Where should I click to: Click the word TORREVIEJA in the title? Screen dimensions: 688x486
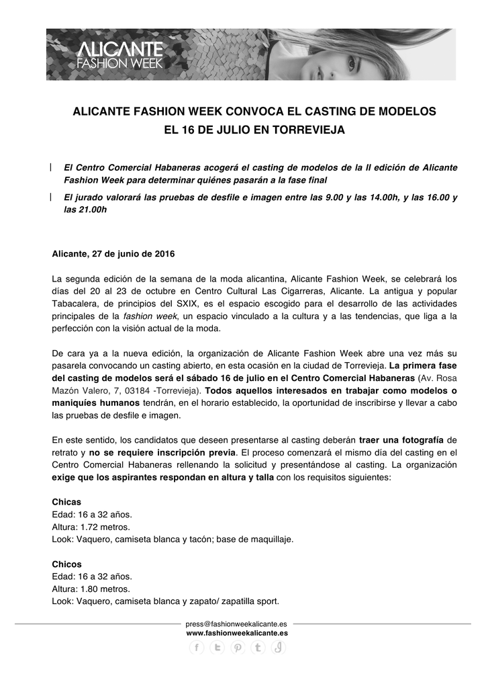tap(309, 128)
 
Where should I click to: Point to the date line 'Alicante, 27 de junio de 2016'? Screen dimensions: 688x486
tap(113, 254)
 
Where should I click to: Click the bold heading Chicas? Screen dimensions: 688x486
tap(66, 502)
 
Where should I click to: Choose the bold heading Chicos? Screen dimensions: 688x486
tap(66, 564)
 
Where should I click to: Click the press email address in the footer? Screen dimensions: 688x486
tap(237, 623)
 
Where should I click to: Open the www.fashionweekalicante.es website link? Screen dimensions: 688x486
tap(237, 632)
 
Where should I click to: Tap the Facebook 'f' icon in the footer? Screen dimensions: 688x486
tap(196, 648)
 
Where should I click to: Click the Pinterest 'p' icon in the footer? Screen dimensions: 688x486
tap(238, 648)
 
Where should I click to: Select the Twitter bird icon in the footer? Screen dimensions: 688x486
tap(217, 648)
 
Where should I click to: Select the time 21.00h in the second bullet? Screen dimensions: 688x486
tap(93, 210)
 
